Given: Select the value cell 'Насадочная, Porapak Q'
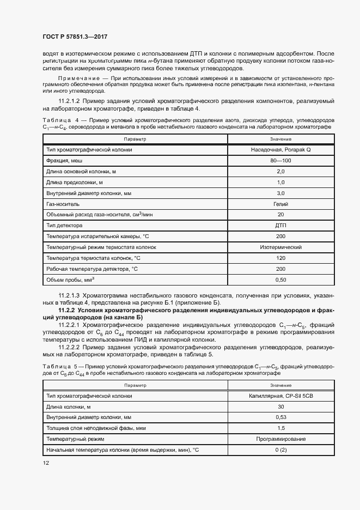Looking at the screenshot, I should (280, 149).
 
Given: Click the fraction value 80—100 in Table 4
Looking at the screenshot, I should (280, 160).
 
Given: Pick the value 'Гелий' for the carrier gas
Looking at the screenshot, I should (280, 203).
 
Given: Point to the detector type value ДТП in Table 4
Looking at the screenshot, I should (280, 225).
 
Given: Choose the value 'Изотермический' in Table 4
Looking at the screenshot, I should (280, 247).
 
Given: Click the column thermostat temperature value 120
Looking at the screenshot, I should (280, 258).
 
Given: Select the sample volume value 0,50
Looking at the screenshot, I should (280, 280).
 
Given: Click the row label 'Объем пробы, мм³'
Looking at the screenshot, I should (70, 280).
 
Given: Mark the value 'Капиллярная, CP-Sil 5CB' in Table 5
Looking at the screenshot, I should (280, 396).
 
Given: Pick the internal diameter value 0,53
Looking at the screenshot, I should (280, 417).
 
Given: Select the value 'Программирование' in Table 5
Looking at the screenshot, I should (280, 439).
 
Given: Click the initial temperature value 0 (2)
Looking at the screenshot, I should (280, 450).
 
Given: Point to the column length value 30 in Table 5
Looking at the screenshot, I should (280, 406).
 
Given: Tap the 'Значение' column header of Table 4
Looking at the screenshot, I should (280, 139).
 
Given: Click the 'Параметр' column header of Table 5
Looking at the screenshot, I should (135, 385).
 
